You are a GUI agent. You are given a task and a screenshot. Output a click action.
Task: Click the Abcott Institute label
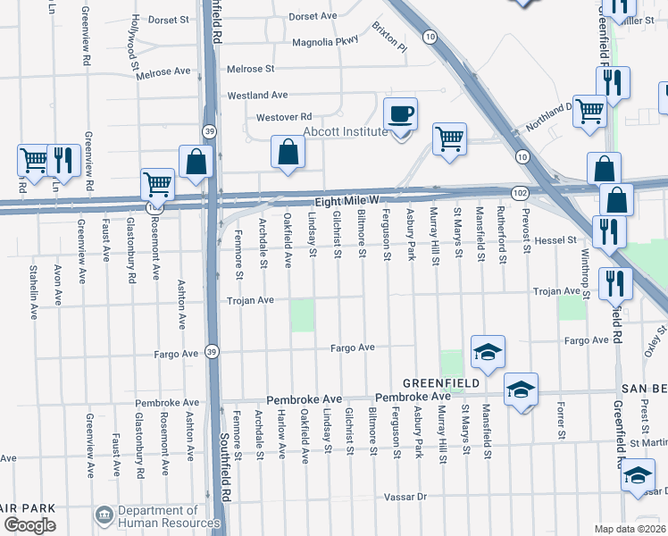coord(346,131)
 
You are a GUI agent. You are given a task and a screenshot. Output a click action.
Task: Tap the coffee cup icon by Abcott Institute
coord(399,114)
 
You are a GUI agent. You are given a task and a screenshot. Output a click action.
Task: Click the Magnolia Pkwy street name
coord(325,40)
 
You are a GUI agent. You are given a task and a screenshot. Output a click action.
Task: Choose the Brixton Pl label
coord(388,37)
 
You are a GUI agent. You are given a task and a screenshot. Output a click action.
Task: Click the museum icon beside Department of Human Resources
coord(104,515)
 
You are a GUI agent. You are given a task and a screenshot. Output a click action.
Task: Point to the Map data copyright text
coord(630,529)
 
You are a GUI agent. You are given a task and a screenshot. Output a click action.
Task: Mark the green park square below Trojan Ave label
coord(303,315)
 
